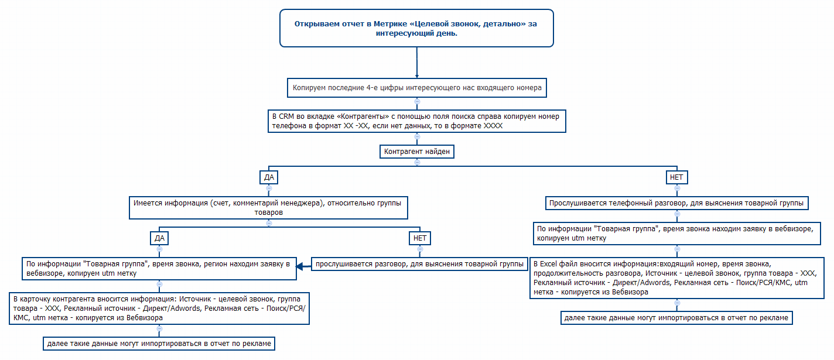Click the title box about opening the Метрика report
click(416, 28)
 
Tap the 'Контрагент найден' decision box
click(417, 152)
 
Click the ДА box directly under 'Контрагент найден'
click(268, 177)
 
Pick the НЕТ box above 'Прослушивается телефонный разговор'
click(676, 177)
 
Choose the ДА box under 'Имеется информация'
click(159, 238)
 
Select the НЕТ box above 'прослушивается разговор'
click(420, 238)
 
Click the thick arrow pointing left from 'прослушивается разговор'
click(303, 267)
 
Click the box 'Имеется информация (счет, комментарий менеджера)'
click(269, 208)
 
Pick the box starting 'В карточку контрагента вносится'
click(159, 308)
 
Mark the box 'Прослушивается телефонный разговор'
click(676, 204)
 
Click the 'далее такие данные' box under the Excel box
click(676, 318)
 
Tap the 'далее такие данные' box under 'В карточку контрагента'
click(159, 344)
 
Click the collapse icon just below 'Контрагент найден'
click(417, 163)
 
